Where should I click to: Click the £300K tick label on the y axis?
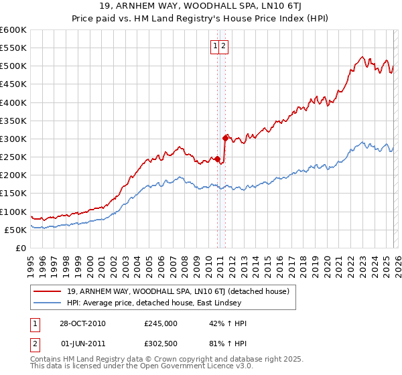click(x=13, y=139)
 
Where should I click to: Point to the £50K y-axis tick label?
click(x=15, y=230)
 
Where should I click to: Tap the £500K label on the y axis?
click(x=13, y=66)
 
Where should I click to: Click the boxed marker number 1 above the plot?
click(x=216, y=46)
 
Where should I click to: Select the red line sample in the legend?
click(x=47, y=291)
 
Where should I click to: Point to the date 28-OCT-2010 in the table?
click(x=82, y=323)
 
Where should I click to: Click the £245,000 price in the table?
click(x=161, y=323)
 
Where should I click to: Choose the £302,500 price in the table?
click(x=161, y=345)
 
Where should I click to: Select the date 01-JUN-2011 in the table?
click(x=82, y=345)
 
